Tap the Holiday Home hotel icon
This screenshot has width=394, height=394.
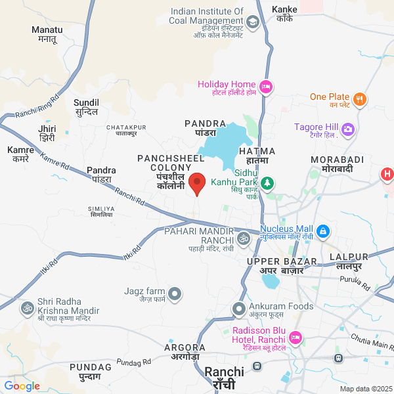pyautogui.click(x=266, y=86)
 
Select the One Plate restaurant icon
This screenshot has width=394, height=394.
pyautogui.click(x=359, y=100)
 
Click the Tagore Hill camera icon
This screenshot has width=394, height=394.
pyautogui.click(x=348, y=129)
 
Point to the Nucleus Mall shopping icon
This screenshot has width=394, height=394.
pyautogui.click(x=322, y=231)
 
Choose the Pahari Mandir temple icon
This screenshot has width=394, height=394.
pyautogui.click(x=244, y=237)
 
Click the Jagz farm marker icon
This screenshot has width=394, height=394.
pyautogui.click(x=175, y=294)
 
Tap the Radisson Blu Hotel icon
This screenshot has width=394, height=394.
pyautogui.click(x=295, y=338)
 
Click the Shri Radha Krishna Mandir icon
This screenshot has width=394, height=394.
pyautogui.click(x=28, y=307)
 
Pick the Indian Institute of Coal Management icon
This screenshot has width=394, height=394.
pyautogui.click(x=253, y=22)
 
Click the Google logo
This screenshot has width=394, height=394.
pyautogui.click(x=22, y=386)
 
